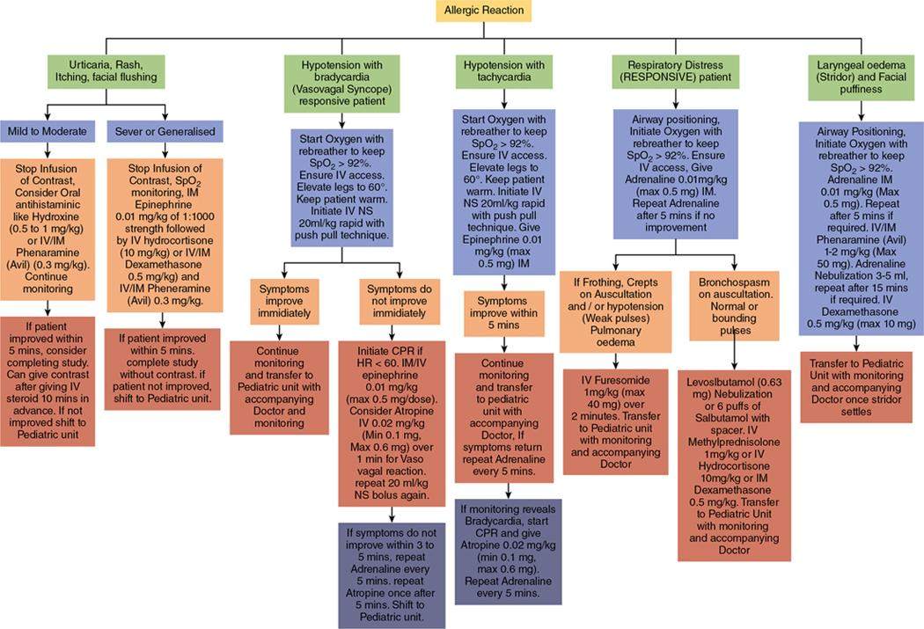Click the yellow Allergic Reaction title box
click(x=483, y=12)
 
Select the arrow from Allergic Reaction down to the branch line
click(x=483, y=32)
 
